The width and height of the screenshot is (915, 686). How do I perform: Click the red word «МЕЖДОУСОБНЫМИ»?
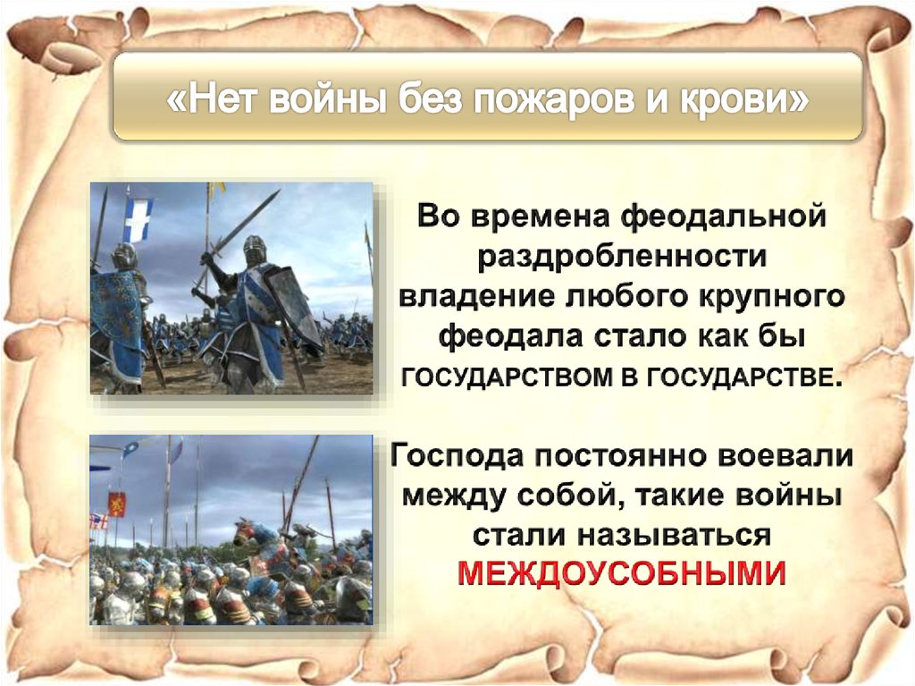[622, 572]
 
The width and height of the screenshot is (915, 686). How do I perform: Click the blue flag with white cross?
[137, 220]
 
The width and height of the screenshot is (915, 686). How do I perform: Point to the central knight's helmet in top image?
[255, 248]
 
